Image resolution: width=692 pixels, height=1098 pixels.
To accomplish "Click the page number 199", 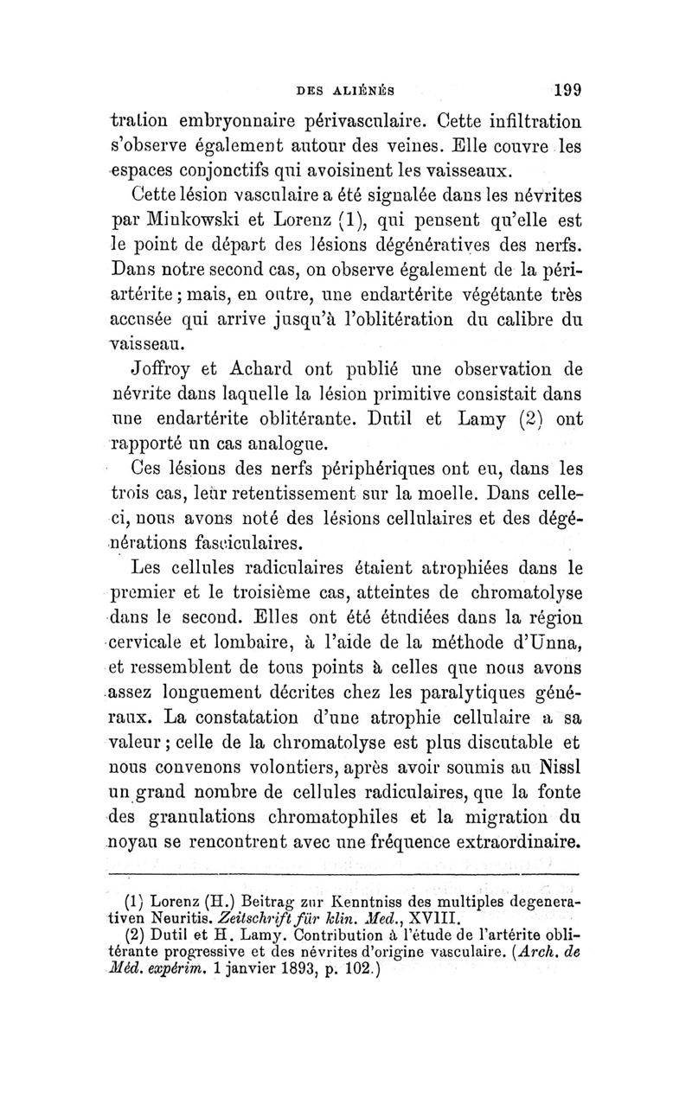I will (x=562, y=88).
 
